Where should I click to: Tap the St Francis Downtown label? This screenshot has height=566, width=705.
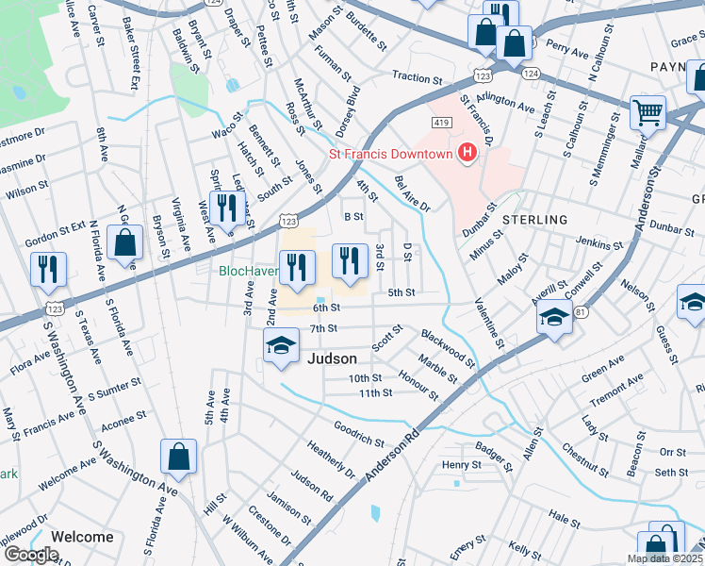coord(389,154)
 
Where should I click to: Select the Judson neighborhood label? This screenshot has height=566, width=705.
coord(333,358)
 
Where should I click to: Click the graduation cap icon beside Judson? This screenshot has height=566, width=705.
coord(280,346)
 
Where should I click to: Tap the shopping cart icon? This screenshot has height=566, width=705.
coord(648,112)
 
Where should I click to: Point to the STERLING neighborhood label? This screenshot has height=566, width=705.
coord(534,220)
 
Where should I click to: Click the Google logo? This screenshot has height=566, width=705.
coord(31,555)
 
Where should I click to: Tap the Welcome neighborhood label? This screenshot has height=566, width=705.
coord(82,537)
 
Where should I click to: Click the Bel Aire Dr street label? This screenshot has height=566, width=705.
coord(412,192)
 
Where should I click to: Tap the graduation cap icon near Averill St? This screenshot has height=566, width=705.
coord(555,318)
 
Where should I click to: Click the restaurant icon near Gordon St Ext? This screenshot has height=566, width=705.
coord(48,268)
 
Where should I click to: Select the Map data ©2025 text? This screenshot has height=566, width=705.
coord(664,558)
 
